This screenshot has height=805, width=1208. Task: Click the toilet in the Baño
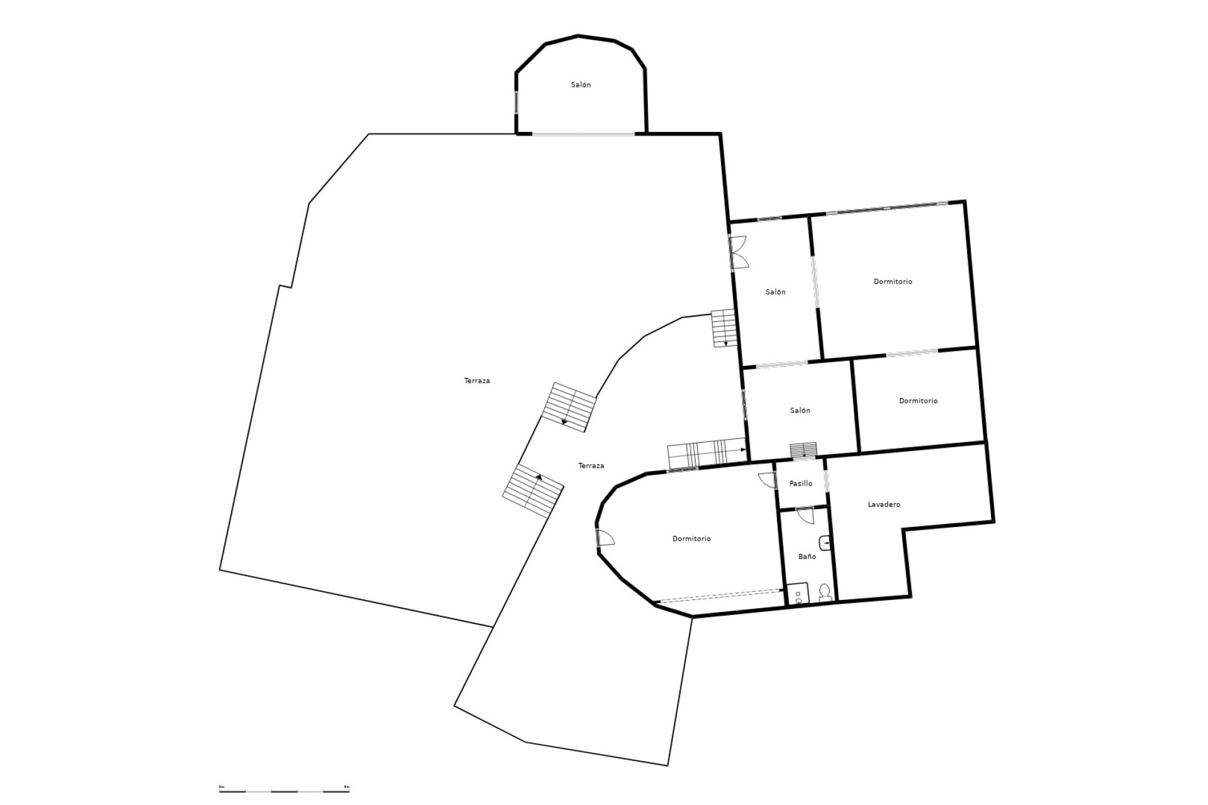(x=824, y=592)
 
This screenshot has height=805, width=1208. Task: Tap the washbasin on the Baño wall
(x=825, y=543)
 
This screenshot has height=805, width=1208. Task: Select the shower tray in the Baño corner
(x=797, y=594)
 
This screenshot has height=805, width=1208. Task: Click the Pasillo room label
(x=801, y=484)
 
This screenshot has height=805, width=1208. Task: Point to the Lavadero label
(x=884, y=504)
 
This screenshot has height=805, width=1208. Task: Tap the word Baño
(x=807, y=557)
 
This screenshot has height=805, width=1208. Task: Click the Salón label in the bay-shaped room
(x=581, y=85)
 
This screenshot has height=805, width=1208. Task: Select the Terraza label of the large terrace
(x=477, y=380)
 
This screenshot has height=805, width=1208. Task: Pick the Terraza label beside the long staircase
(x=591, y=465)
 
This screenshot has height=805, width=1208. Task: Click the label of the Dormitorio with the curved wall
(x=691, y=539)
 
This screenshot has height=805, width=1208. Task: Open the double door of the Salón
(x=737, y=252)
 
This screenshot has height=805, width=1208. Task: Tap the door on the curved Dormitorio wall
(x=605, y=538)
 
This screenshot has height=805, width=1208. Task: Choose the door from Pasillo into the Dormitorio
(x=766, y=480)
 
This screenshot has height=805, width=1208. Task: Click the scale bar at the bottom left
(x=284, y=789)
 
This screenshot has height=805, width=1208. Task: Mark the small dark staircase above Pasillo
(x=804, y=449)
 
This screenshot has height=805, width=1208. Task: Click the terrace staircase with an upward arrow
(x=532, y=491)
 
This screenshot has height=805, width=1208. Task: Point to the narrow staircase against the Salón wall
(x=724, y=328)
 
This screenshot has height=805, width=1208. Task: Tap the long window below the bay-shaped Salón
(x=583, y=134)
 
